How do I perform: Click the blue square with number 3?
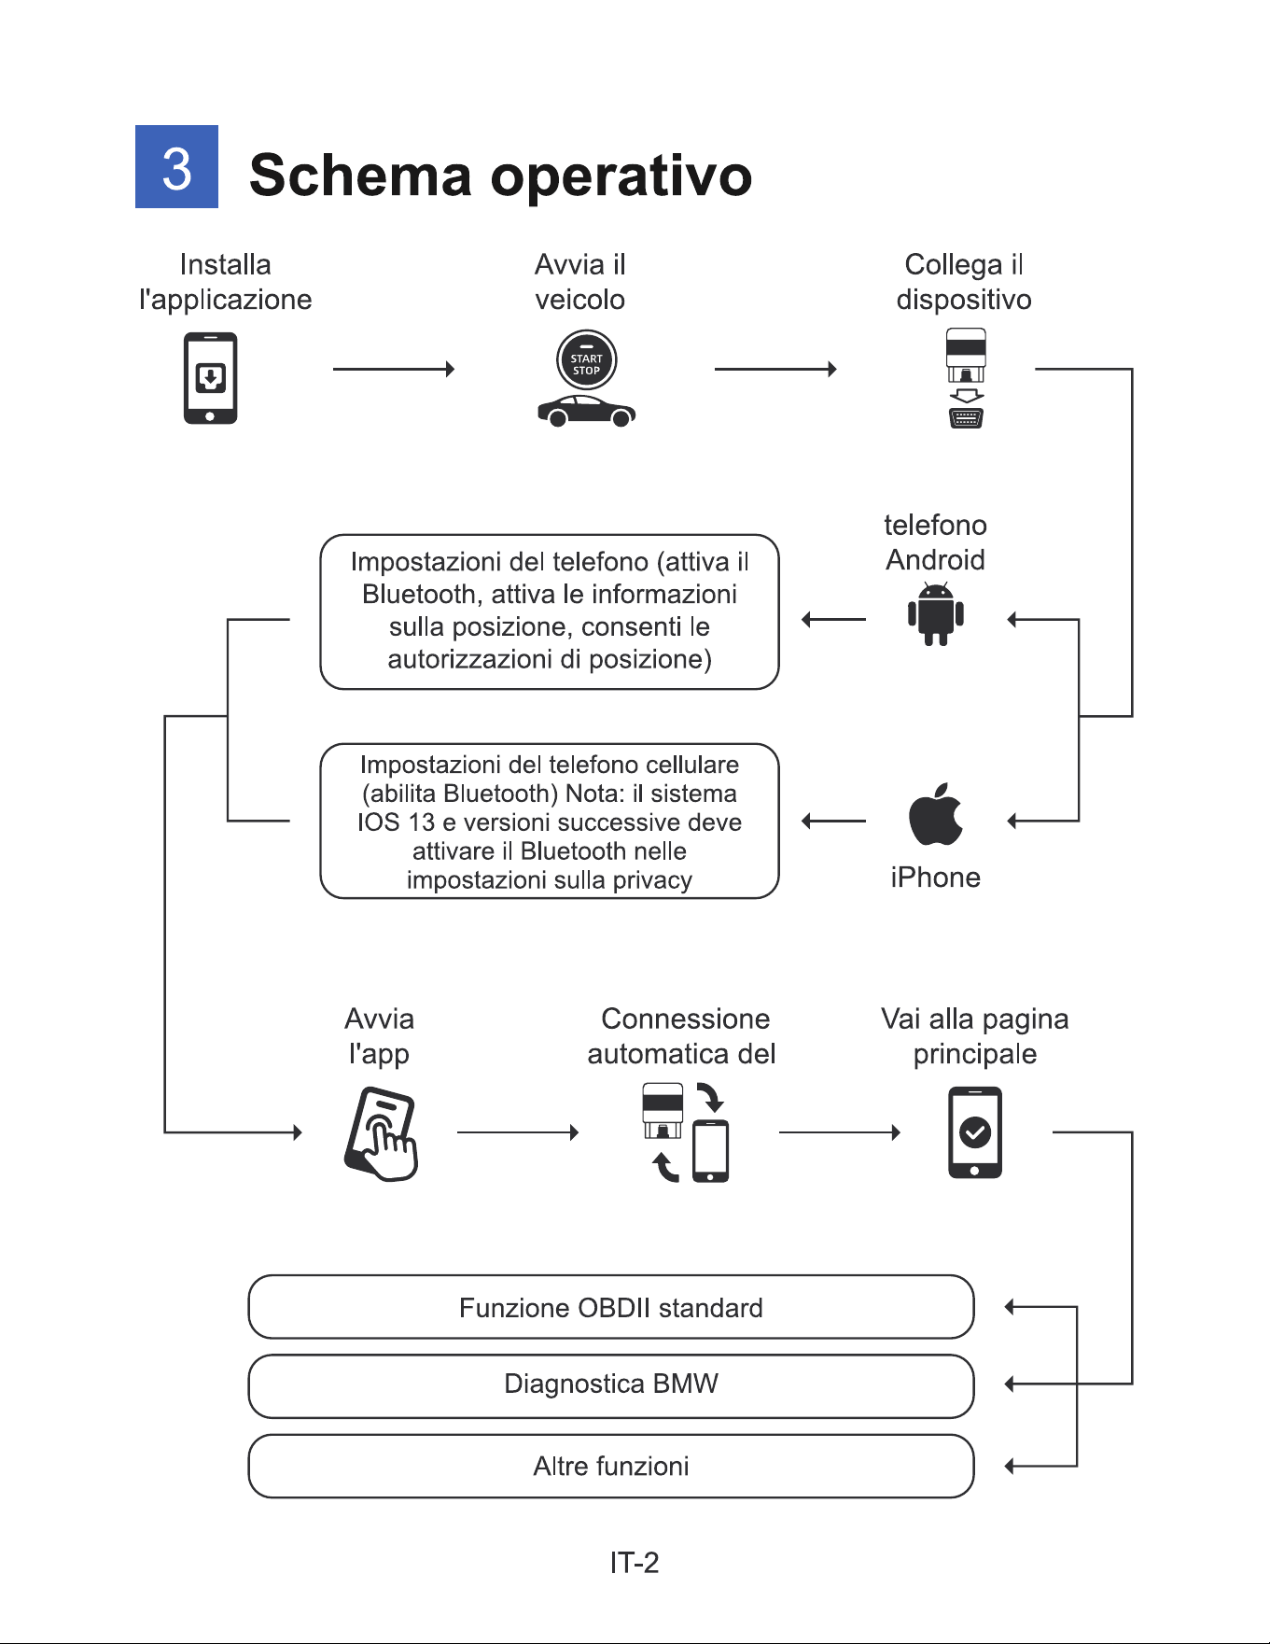[176, 166]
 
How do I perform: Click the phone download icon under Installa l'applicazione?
[210, 378]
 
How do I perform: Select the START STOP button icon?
[586, 361]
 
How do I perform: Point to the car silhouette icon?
[587, 411]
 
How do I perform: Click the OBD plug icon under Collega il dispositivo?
[966, 378]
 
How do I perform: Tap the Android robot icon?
[936, 613]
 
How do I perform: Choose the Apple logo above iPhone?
[936, 814]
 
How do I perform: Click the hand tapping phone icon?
[381, 1133]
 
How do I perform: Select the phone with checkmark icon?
[975, 1132]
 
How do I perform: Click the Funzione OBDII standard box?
[611, 1307]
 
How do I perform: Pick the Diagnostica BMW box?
[611, 1385]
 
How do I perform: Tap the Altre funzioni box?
[611, 1466]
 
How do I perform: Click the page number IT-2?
[635, 1563]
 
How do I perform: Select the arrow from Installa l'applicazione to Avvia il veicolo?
[394, 369]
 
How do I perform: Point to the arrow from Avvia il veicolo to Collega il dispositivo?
[775, 369]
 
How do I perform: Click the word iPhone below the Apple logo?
[935, 878]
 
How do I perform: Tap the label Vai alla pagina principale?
[975, 1036]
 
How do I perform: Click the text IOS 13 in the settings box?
[396, 822]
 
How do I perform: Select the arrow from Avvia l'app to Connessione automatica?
[518, 1132]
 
